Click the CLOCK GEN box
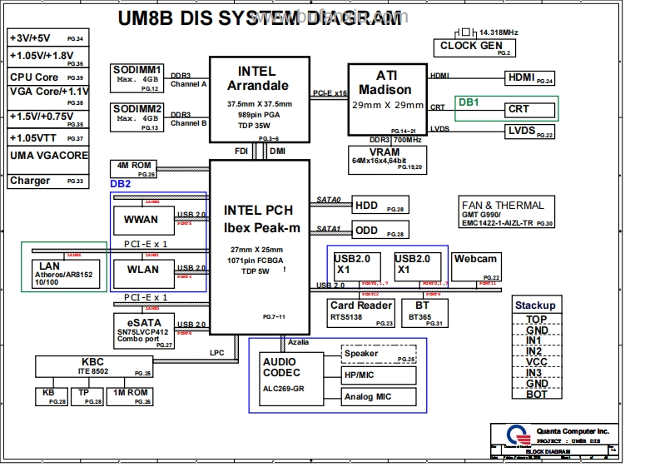(470, 47)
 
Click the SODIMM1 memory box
(138, 77)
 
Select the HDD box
(380, 206)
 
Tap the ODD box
(380, 230)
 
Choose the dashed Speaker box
(379, 354)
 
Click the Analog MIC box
(379, 397)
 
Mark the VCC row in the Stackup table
(537, 362)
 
